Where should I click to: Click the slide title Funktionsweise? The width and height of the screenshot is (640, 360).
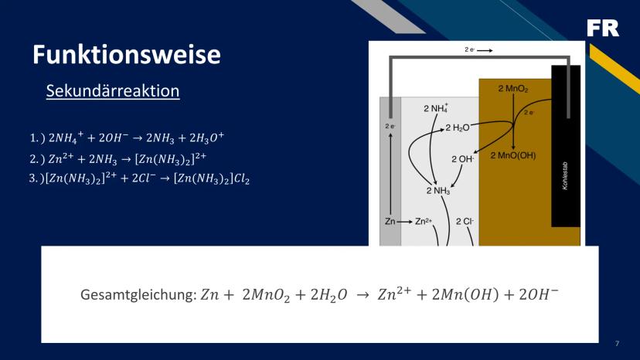click(127, 54)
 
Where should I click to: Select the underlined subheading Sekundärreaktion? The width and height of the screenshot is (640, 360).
click(113, 90)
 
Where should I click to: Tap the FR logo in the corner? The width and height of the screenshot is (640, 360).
click(603, 28)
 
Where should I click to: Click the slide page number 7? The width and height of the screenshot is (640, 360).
click(617, 344)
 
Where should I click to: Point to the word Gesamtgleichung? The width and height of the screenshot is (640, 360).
click(138, 294)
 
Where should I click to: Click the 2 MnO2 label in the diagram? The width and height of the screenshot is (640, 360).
click(513, 89)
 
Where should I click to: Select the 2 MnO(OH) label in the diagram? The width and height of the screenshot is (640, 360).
click(513, 155)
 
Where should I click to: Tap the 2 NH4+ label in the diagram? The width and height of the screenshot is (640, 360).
click(435, 108)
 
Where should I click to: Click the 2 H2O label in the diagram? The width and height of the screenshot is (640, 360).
click(457, 127)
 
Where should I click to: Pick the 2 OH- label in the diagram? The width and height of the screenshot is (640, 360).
click(462, 159)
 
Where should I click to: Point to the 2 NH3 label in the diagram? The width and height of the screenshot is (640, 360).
click(438, 191)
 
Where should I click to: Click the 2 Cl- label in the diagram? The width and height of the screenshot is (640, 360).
click(465, 221)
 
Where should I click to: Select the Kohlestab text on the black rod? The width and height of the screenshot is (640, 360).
click(565, 176)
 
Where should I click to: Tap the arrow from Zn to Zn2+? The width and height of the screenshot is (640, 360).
click(404, 222)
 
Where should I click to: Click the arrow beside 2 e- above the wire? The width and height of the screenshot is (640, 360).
click(485, 50)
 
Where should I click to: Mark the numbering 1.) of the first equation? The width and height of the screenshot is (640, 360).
click(37, 138)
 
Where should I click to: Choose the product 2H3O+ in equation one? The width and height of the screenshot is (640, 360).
click(206, 138)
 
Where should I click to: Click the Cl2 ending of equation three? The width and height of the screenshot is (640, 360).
click(242, 178)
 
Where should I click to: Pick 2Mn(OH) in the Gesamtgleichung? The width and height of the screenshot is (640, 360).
click(465, 294)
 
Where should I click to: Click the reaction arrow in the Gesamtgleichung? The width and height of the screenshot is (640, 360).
click(363, 295)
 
